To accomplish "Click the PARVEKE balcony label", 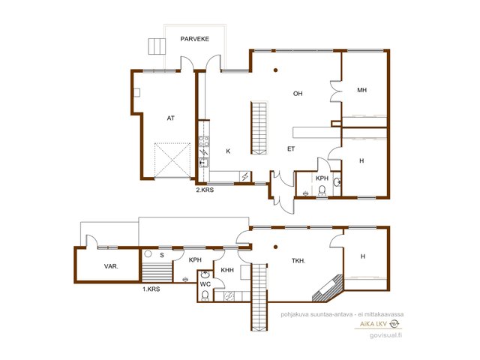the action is coord(195,39).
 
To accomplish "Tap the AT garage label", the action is coord(171,118).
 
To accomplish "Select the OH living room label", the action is coord(298,94).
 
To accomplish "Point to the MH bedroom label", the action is coord(361,90).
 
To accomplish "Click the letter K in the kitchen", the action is coord(228,151).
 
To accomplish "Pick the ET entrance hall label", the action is coord(291,149).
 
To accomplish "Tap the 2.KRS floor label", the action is coord(205,190).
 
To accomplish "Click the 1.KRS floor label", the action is coord(151,289).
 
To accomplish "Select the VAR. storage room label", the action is coord(111,266).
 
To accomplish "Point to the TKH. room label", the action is coord(298,261).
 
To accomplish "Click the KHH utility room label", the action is coord(227,270).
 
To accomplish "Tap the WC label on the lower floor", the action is coord(205,284).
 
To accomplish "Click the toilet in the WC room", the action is coord(205,295).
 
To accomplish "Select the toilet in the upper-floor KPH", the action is coord(322,190).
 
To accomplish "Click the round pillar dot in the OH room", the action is coord(275,70).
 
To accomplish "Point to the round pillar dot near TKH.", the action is coord(275,247).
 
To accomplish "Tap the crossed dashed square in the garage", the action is coord(172,160).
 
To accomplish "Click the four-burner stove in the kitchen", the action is coord(204,142).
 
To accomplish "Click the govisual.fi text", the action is coord(385,335).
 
